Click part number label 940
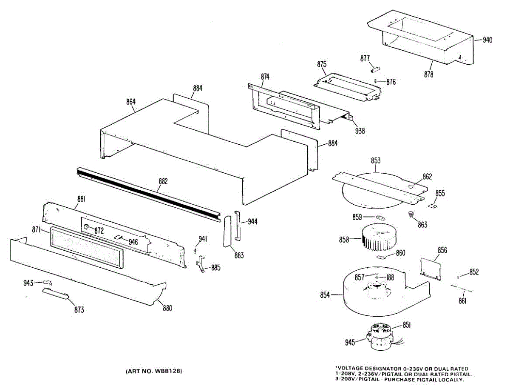point(487,40)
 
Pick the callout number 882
point(163,181)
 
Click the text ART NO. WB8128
point(154,371)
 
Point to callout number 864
point(130,102)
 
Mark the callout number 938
point(360,131)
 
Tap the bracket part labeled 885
point(201,265)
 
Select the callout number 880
point(167,308)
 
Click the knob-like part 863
point(411,214)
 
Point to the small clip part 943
point(47,283)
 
